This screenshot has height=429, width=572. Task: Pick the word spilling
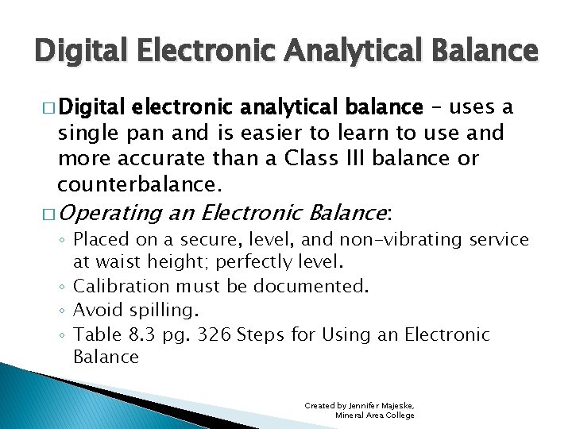tap(168, 310)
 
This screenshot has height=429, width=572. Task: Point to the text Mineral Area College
tap(374, 415)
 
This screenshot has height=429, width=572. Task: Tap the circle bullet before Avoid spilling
tap(62, 311)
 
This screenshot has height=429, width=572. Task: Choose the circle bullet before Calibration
tap(62, 286)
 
